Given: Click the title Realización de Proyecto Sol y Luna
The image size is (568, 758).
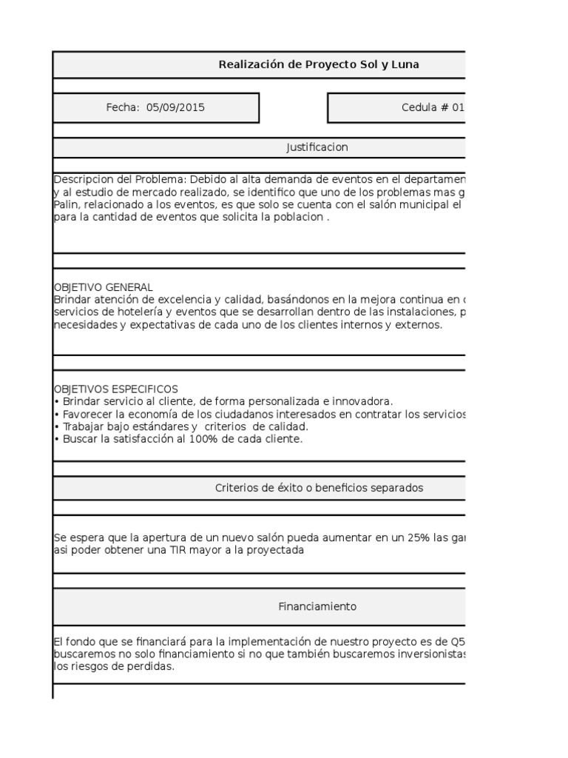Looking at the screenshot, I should (x=318, y=64).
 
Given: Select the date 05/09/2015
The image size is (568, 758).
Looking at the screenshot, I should (x=175, y=107).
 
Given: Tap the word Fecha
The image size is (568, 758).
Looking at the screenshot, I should (x=122, y=107).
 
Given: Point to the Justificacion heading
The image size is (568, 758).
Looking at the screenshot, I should (x=317, y=147).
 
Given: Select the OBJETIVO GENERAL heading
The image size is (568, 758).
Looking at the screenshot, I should (x=104, y=286).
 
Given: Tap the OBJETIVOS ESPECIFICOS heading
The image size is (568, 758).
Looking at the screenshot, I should (x=115, y=389).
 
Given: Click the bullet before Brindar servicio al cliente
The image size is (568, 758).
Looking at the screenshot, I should (x=57, y=401).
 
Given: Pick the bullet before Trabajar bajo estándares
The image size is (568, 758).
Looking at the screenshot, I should (x=57, y=427).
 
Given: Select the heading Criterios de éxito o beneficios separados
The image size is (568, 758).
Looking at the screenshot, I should (x=319, y=488).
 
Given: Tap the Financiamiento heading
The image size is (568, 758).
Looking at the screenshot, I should (x=317, y=606).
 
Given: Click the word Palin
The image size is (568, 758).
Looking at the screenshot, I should (x=66, y=204).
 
